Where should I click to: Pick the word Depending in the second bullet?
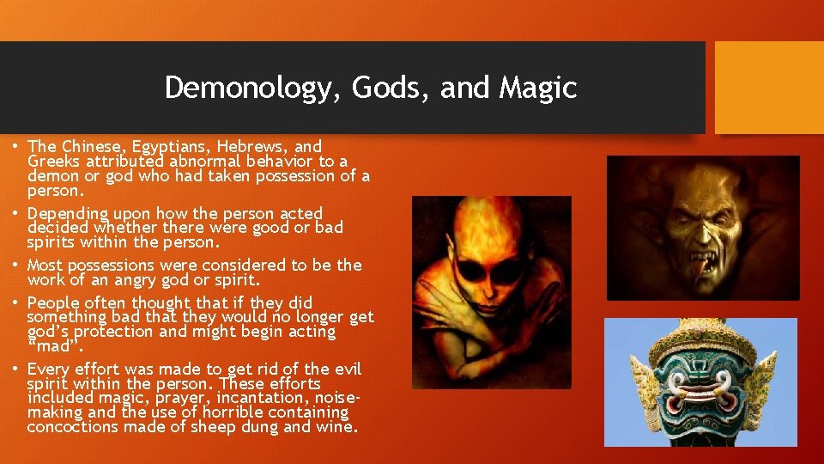point(68,213)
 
